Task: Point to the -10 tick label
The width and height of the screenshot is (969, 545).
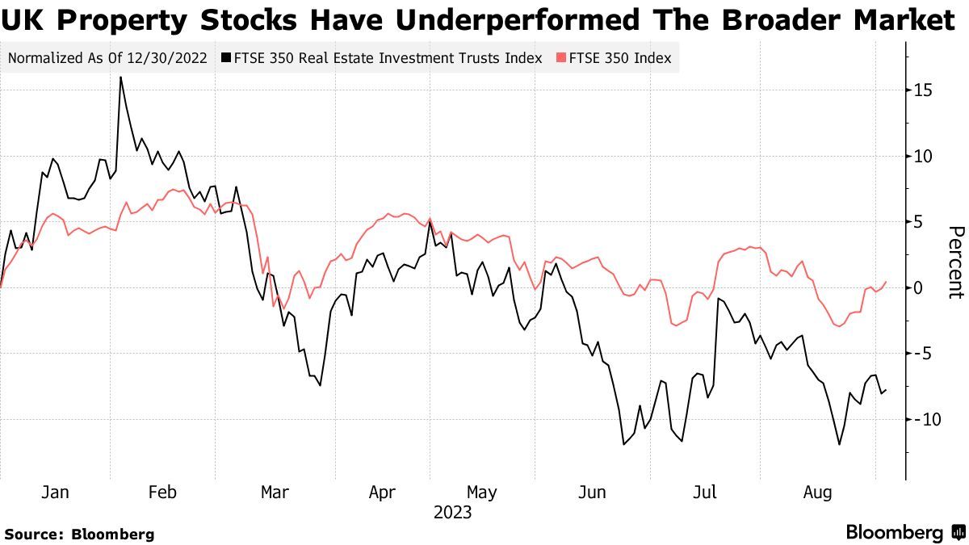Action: pyautogui.click(x=927, y=419)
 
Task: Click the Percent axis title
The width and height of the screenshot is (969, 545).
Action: pyautogui.click(x=955, y=262)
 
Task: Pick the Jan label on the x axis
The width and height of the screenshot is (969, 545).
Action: pyautogui.click(x=54, y=492)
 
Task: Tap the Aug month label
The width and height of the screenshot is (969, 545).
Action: pyautogui.click(x=818, y=492)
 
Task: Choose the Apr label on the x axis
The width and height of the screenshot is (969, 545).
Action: pyautogui.click(x=382, y=492)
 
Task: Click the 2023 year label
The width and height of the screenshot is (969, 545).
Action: pyautogui.click(x=453, y=513)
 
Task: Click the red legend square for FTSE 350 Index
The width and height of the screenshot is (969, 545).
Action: pyautogui.click(x=561, y=58)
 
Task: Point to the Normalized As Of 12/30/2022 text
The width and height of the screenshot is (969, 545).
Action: pyautogui.click(x=108, y=58)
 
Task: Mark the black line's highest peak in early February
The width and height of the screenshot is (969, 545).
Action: pyautogui.click(x=120, y=78)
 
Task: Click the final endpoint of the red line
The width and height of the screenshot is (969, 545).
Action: pyautogui.click(x=886, y=282)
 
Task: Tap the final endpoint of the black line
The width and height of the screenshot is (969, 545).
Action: pyautogui.click(x=886, y=390)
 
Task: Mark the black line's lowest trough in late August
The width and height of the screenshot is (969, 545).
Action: pyautogui.click(x=840, y=444)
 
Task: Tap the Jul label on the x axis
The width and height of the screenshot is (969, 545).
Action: pyautogui.click(x=707, y=492)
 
